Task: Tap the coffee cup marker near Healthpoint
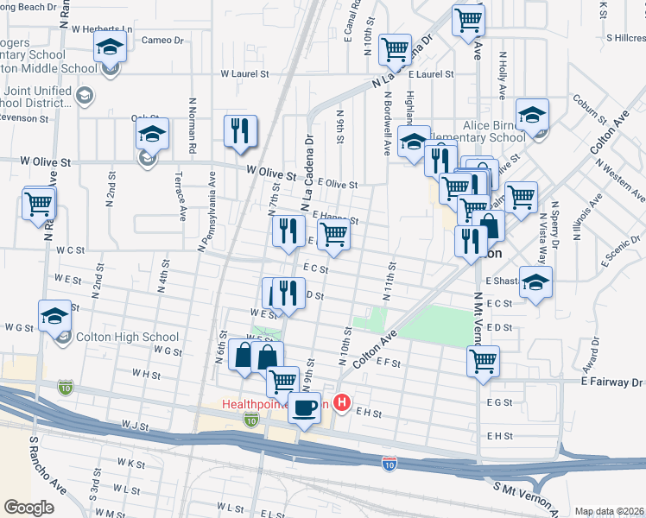tap(304, 407)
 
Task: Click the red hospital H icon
tap(343, 402)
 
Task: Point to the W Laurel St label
tap(244, 74)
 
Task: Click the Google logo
tap(28, 507)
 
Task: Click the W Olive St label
tap(270, 173)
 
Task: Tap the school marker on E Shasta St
tap(536, 284)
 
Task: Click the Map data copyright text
tap(609, 511)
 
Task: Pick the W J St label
tap(136, 425)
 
